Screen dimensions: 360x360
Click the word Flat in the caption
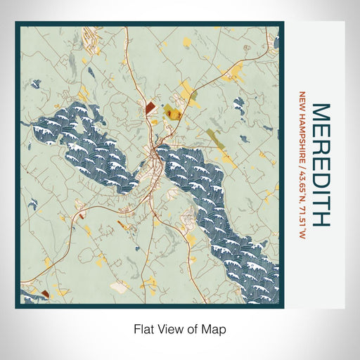tap(145, 328)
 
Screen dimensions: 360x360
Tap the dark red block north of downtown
tap(150, 107)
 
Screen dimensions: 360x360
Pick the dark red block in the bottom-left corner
tap(45, 293)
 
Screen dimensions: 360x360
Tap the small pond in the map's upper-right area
tap(239, 105)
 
